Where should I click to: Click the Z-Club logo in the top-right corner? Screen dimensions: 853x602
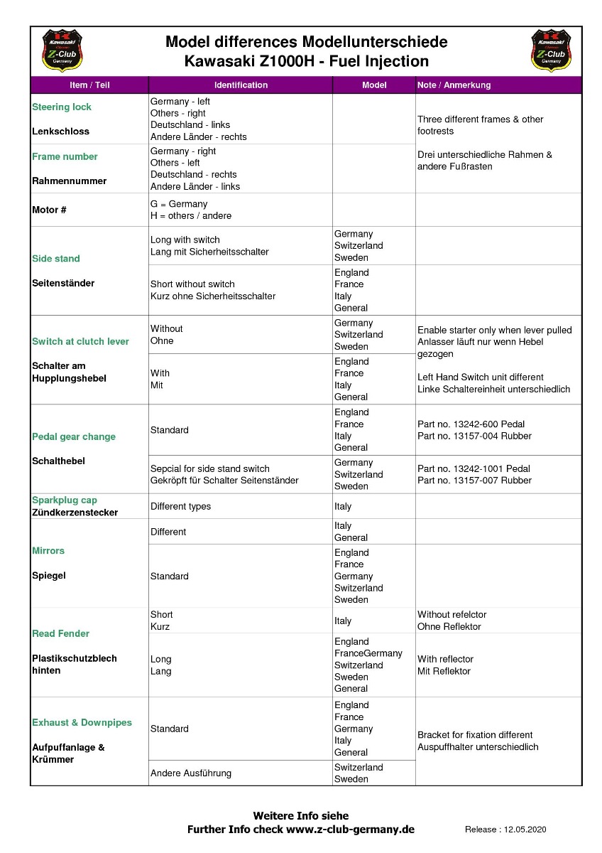pos(551,50)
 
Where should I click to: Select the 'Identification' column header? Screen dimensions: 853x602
pos(241,85)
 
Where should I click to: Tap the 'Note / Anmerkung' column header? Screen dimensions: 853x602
pos(454,85)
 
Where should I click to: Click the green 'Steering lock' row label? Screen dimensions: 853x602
pos(62,107)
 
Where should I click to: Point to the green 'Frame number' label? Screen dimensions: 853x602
pos(65,156)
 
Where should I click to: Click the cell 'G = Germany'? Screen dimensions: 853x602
pos(179,204)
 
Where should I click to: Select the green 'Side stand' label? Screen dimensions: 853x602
pos(56,259)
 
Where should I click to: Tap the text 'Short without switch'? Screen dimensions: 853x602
pos(192,284)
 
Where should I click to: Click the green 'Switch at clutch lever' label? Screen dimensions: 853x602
pos(80,342)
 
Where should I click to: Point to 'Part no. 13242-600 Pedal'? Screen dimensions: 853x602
pos(471,424)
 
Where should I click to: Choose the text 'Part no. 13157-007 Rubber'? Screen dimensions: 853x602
pos(474,481)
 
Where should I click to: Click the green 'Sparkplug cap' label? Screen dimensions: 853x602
pos(65,500)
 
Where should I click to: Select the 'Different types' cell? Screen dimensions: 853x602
pos(180,507)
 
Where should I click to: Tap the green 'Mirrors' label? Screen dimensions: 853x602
pos(48,551)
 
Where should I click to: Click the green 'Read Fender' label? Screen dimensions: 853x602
pos(60,633)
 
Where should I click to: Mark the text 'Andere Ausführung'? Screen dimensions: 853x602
pos(190,773)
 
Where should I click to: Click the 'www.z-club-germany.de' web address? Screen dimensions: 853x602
pos(350,830)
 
